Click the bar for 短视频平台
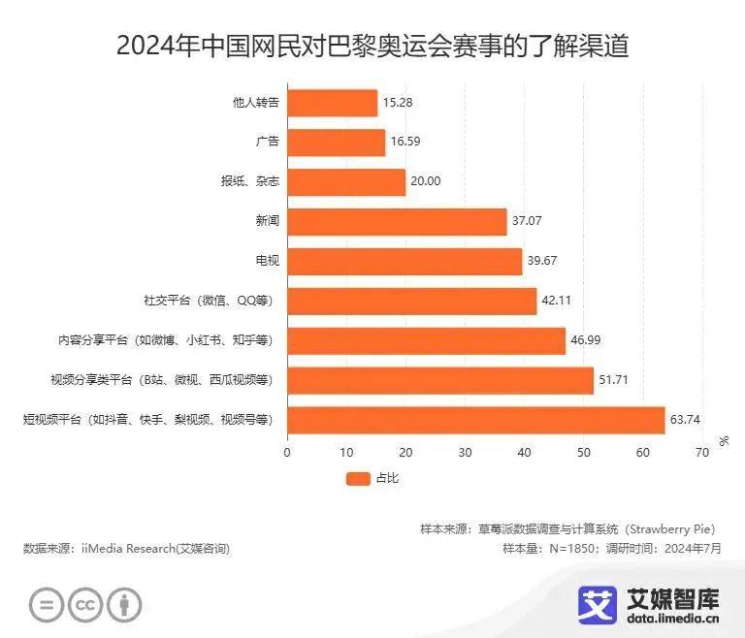[475, 420]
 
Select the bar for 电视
[405, 262]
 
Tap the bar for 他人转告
[332, 103]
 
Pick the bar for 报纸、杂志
[346, 182]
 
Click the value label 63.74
[687, 420]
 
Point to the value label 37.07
[528, 222]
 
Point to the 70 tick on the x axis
[702, 453]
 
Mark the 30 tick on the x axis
[465, 453]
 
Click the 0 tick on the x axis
[287, 453]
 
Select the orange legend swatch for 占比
[358, 478]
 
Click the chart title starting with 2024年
[372, 46]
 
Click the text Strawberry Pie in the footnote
[669, 529]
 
